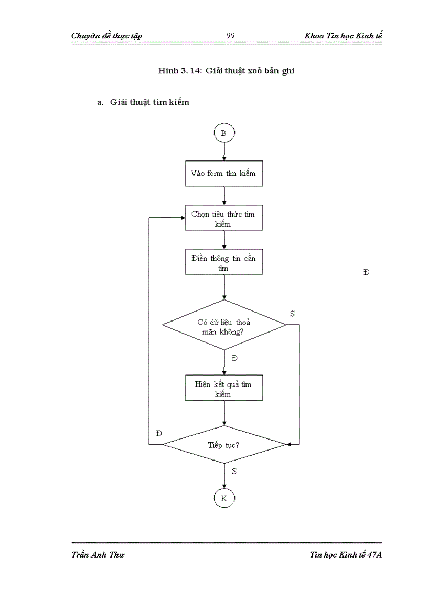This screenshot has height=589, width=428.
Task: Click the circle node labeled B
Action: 224,134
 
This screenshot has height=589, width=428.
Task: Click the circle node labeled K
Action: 224,498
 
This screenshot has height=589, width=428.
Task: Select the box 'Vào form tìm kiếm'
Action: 224,173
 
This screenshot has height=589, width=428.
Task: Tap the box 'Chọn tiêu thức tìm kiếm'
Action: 224,218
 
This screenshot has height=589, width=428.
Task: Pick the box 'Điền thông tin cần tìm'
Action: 224,262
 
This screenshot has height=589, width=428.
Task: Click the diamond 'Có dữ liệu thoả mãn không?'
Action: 224,325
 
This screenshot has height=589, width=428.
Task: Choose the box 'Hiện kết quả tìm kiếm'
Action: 224,389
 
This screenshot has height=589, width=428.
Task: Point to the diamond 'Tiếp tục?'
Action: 224,444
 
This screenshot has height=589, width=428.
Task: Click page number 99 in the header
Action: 230,36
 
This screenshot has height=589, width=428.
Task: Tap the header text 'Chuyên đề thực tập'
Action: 106,36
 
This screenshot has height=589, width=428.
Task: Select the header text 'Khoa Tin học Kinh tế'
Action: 343,36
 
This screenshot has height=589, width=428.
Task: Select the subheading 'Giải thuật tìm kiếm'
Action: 149,102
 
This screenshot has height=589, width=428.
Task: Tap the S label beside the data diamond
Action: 292,314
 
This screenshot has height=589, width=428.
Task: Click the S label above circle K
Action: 234,471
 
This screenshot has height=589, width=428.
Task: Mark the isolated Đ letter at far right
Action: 366,272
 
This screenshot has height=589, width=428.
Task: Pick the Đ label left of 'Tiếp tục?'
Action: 159,433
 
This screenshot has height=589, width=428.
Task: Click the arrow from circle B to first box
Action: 224,151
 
